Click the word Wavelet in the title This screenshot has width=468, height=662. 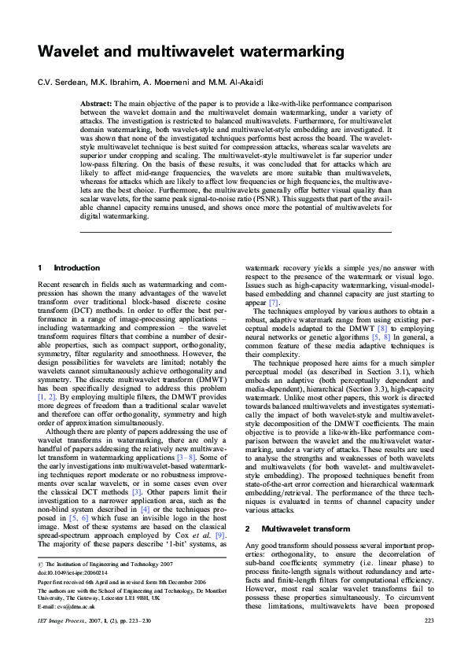72,53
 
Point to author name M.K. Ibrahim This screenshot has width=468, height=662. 110,83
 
